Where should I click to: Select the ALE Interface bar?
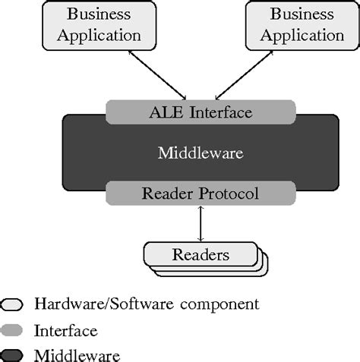[201, 113]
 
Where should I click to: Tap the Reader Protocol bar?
[201, 194]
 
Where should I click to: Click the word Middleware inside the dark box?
[201, 153]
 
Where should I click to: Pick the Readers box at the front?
[200, 253]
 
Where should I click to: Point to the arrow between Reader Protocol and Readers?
[201, 223]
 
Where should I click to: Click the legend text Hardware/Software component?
[147, 304]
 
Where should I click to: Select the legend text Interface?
[65, 330]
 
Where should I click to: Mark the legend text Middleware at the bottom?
[77, 354]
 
